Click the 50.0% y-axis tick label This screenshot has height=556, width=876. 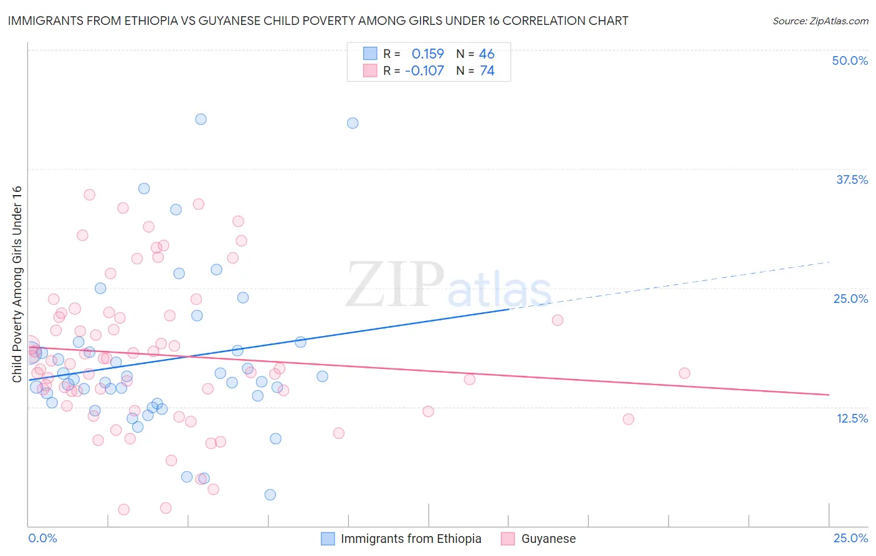pos(850,60)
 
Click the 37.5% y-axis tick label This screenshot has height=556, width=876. pos(852,180)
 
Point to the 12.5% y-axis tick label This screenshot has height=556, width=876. pos(852,418)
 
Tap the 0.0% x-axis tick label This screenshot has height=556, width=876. pos(42,538)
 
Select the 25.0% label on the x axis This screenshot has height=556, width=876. pos(850,538)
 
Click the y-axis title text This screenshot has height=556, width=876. pos(17,284)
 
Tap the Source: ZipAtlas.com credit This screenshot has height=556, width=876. pos(820,21)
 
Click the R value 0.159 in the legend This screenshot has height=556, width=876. pos(427,54)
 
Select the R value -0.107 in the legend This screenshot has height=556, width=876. pos(424,71)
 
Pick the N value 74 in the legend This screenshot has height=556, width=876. pos(487,71)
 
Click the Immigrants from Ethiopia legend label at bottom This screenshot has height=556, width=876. pos(411,539)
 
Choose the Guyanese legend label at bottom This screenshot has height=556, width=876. pos(548,539)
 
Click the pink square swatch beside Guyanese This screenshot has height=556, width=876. pos(508,539)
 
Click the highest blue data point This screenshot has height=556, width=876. pos(201,119)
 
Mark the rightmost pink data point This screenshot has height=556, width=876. pos(684,373)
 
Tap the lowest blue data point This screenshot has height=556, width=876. pos(270,495)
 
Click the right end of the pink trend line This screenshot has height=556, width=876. pos(828,395)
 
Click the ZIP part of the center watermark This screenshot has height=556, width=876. pos(394,284)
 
